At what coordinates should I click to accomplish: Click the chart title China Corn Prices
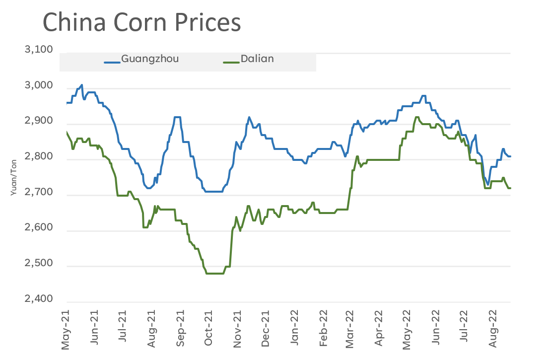(141, 23)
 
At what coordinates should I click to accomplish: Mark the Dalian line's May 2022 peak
(416, 117)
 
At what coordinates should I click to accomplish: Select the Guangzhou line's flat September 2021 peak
(177, 117)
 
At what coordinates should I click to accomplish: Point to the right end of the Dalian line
(510, 188)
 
